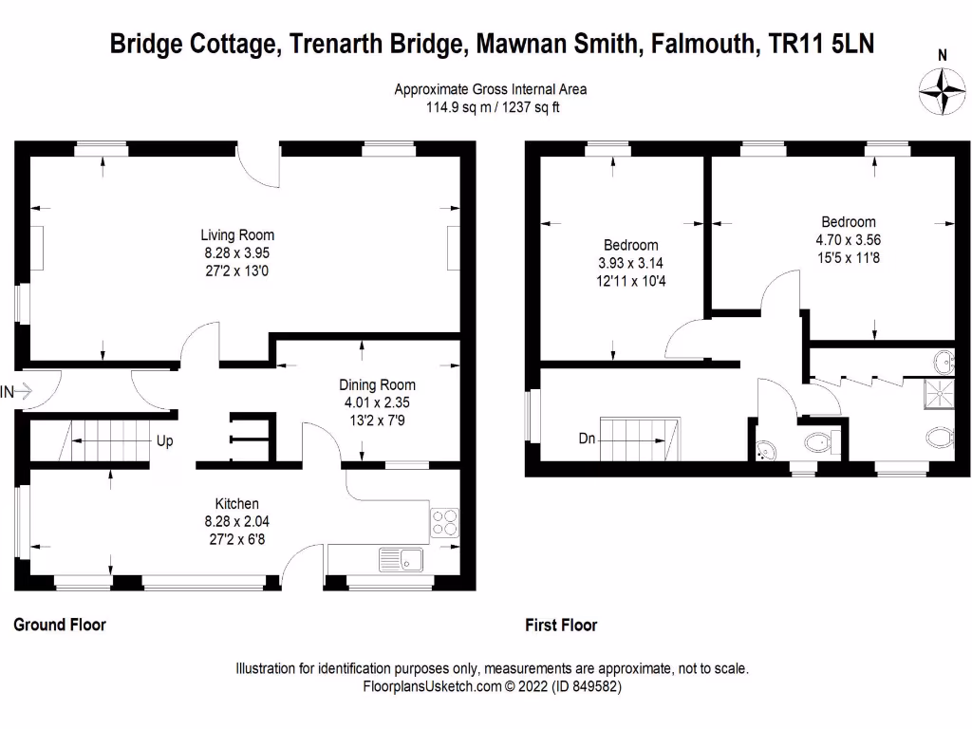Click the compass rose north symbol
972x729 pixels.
click(x=942, y=90)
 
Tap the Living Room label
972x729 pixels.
click(x=237, y=235)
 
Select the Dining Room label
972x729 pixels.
click(x=377, y=385)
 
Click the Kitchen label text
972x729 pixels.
click(x=236, y=503)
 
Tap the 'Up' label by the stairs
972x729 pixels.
click(x=164, y=441)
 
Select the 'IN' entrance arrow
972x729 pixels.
click(x=18, y=390)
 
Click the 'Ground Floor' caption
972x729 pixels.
click(x=59, y=625)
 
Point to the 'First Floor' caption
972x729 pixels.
click(x=561, y=626)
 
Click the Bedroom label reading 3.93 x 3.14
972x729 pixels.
click(x=630, y=263)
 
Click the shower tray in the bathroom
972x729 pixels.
click(x=939, y=393)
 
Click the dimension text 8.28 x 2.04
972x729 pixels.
click(x=236, y=521)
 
